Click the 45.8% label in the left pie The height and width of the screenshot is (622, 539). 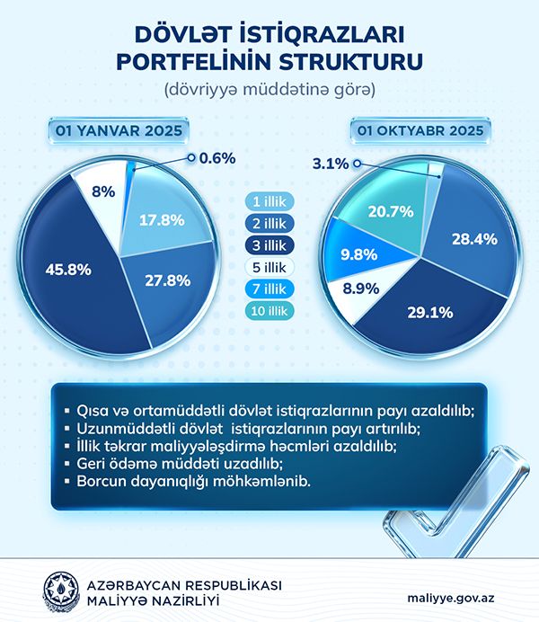coord(66,267)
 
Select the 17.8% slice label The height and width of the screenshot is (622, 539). coord(155,220)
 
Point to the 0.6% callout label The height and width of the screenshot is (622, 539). coord(217,158)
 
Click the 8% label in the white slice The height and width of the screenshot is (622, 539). coord(102,191)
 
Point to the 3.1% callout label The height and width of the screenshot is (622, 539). coord(331,164)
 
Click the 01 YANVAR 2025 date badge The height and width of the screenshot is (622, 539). coord(119,131)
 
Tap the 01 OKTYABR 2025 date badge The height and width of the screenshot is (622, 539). coord(420,131)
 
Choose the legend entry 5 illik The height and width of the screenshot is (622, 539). coord(269,268)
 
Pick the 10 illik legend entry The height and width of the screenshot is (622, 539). coord(269,310)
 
